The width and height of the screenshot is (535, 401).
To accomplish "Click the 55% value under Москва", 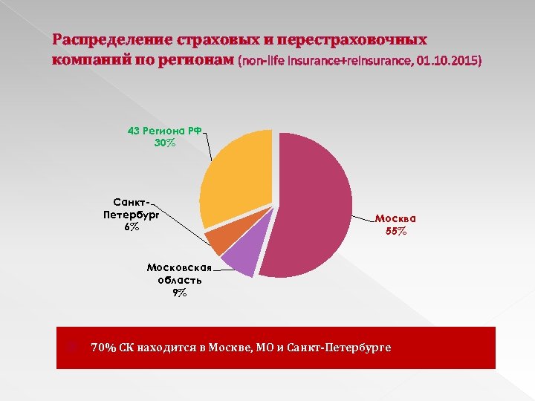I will (396, 231).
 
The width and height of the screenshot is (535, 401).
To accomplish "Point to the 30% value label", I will (165, 143).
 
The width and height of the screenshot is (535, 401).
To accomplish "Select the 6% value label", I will (132, 227).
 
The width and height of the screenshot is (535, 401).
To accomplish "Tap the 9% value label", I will (179, 293).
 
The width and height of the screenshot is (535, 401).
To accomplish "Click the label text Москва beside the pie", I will (395, 218).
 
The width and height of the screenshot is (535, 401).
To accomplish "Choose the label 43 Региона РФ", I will (165, 130).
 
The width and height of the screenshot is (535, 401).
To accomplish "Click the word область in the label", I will (179, 280).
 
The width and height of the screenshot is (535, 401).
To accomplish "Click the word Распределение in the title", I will (111, 39).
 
